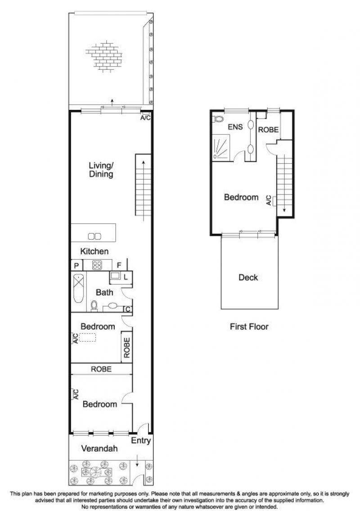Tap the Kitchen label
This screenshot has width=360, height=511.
point(94,251)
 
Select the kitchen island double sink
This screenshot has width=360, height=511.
point(94,236)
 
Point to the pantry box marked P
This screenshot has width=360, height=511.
point(76,266)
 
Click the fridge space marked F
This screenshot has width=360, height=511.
point(119,266)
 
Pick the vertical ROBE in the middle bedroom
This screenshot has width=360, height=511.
point(127,348)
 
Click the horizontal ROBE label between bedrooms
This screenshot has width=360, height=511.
point(101,369)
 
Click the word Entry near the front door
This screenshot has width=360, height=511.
point(141,441)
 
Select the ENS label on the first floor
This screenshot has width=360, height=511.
point(235,127)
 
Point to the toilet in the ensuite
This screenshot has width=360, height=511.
point(218,119)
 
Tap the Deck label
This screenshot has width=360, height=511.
point(248,277)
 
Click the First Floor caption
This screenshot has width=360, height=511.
point(249,326)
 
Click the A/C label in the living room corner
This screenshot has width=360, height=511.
point(145,118)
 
